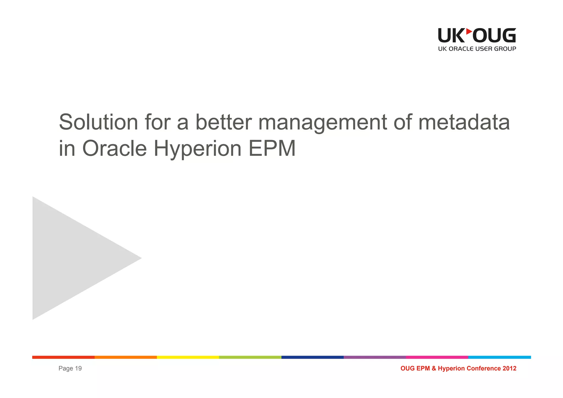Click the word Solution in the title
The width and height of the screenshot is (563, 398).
pyautogui.click(x=98, y=122)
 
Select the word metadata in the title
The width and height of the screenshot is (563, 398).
pyautogui.click(x=464, y=122)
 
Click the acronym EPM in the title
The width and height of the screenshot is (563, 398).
pyautogui.click(x=272, y=148)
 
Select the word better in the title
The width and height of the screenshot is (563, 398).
pyautogui.click(x=223, y=122)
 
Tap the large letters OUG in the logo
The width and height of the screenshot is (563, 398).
pyautogui.click(x=494, y=35)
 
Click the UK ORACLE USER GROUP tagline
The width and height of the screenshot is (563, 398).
pyautogui.click(x=477, y=49)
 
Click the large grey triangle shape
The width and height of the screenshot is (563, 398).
pyautogui.click(x=71, y=258)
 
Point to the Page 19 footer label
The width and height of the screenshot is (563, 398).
pyautogui.click(x=70, y=368)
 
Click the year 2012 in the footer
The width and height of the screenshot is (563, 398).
pyautogui.click(x=509, y=368)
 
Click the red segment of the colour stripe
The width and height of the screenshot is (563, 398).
pyautogui.click(x=63, y=357)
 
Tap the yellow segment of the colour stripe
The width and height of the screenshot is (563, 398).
pyautogui.click(x=188, y=357)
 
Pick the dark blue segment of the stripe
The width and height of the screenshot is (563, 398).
pyautogui.click(x=312, y=357)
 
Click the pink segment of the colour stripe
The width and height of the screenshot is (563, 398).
pyautogui.click(x=437, y=357)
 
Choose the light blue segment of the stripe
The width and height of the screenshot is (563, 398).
pyautogui.click(x=499, y=357)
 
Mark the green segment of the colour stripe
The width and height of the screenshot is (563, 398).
pyautogui.click(x=250, y=357)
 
